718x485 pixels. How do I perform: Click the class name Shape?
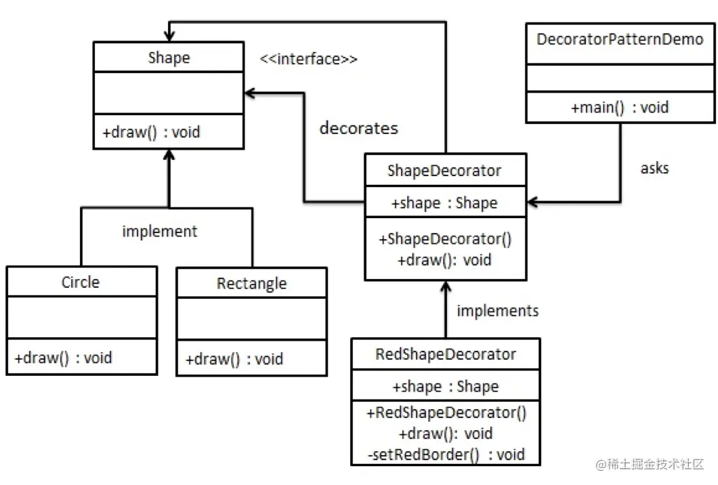point(169,58)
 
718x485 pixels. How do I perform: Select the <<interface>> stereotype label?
point(309,59)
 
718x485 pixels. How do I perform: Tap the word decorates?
point(359,128)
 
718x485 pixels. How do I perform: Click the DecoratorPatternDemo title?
point(620,39)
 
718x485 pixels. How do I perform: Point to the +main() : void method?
point(620,108)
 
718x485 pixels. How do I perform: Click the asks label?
point(655,168)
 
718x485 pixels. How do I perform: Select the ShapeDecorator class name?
point(444,171)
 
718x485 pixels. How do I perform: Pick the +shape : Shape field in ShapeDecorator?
point(444,203)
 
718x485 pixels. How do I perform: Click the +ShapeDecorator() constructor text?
point(445,239)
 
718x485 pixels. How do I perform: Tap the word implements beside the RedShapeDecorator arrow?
point(498,311)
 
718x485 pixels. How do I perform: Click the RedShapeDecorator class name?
point(446,354)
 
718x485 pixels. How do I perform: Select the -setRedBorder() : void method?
point(446,455)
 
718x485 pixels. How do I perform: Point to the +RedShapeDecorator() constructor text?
point(446,413)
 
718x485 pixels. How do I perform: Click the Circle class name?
point(81,282)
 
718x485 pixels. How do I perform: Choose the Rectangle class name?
point(252,284)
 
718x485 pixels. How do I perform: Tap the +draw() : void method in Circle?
point(63,358)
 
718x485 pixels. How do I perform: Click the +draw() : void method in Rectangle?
point(234,359)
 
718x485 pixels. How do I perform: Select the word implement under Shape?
point(160,232)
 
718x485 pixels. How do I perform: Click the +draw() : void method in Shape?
point(151,132)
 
